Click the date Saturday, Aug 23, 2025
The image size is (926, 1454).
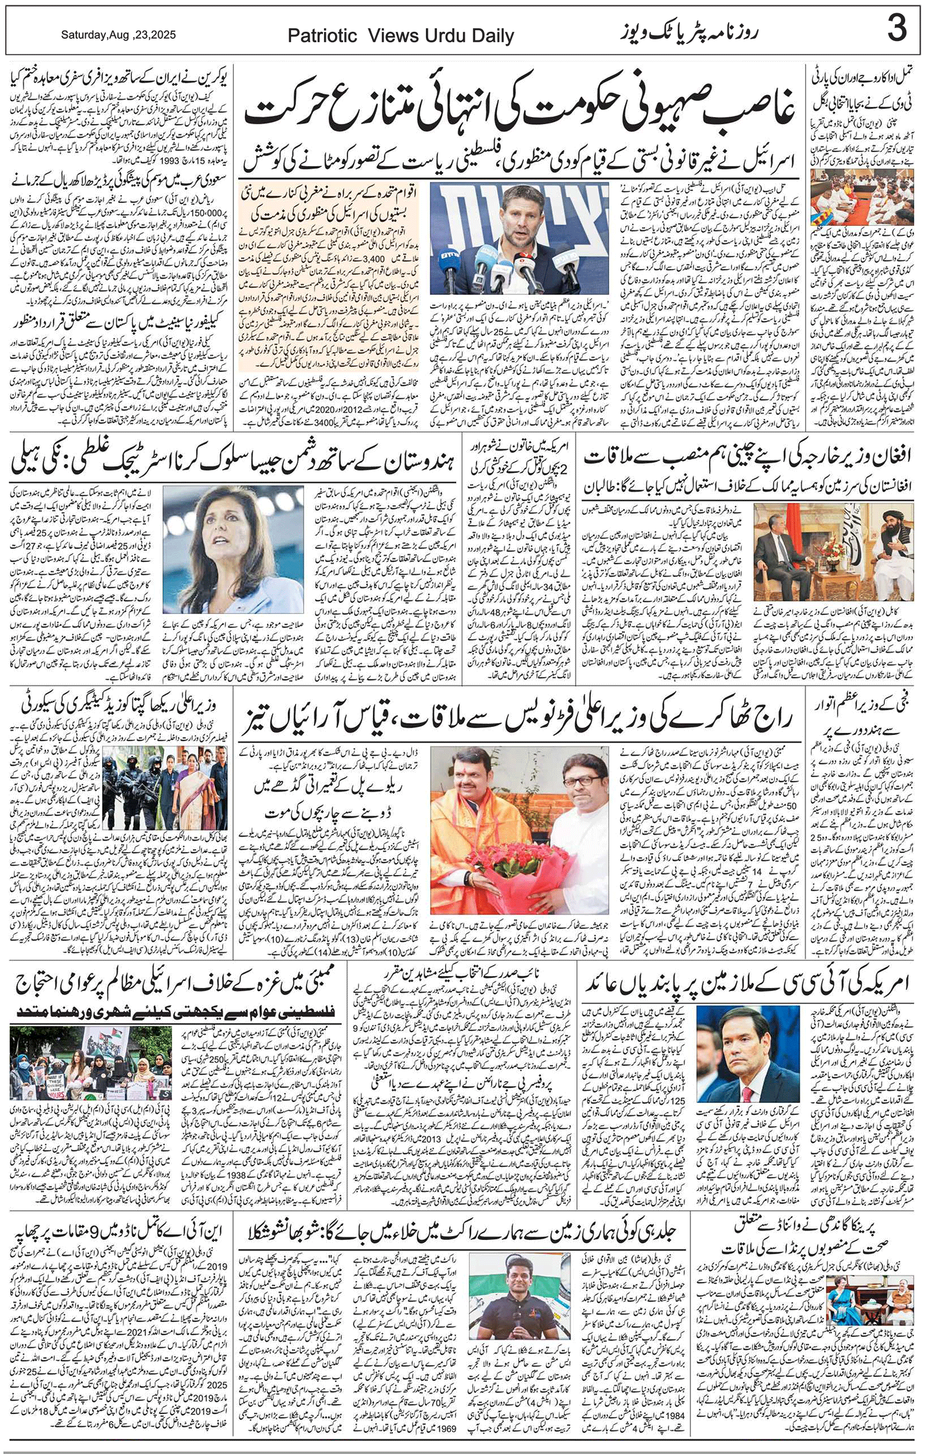tap(119, 35)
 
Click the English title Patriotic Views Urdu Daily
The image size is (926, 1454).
tap(400, 36)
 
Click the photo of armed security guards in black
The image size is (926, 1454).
tap(139, 787)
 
